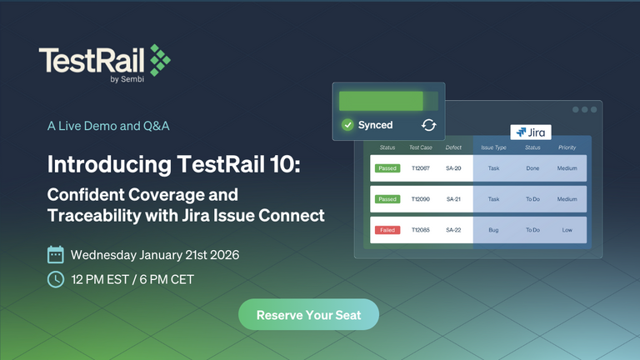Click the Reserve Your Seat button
tap(308, 316)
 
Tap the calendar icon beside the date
tap(56, 254)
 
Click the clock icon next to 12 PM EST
tap(56, 279)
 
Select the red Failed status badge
tap(387, 229)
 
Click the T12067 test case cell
tap(421, 168)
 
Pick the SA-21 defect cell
tap(453, 199)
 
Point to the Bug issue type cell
tap(493, 229)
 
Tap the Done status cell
tap(532, 168)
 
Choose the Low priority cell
tap(567, 229)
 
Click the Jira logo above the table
tap(532, 132)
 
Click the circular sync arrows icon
tap(428, 125)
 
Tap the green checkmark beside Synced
tap(347, 125)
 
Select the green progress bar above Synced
tap(387, 101)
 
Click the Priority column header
tap(567, 147)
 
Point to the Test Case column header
tap(421, 147)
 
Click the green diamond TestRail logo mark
tap(159, 58)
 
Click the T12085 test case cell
tap(421, 229)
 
